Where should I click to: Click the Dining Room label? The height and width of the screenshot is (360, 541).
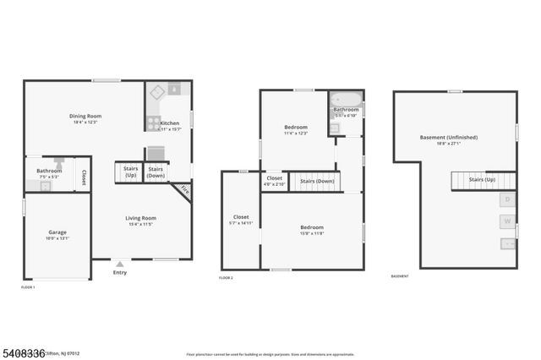click(85, 118)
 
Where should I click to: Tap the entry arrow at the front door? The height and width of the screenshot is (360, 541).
click(120, 263)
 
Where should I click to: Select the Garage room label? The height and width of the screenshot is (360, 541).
click(57, 234)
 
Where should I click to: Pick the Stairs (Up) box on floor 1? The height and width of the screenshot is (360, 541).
click(130, 172)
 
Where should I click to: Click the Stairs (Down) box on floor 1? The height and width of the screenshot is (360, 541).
click(156, 172)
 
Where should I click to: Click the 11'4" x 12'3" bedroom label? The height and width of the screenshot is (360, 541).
click(295, 129)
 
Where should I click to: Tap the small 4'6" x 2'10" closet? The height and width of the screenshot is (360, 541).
click(275, 180)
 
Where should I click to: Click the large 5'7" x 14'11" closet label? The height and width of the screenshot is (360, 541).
click(241, 220)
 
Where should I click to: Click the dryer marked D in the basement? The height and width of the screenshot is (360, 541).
click(507, 199)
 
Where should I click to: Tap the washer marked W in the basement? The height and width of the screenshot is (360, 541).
click(507, 221)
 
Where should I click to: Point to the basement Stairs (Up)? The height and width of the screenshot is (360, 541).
click(482, 180)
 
